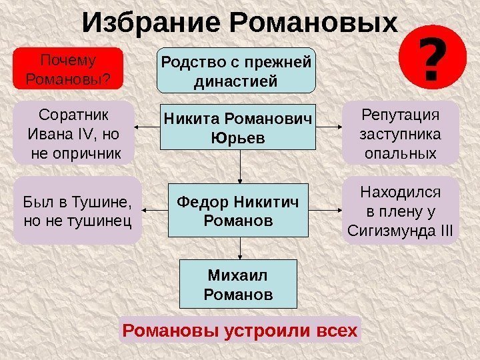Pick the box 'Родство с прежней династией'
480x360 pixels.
[237, 70]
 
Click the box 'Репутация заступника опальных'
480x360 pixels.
[400, 133]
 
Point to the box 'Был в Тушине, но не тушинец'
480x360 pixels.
[77, 209]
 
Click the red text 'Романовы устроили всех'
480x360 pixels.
[239, 331]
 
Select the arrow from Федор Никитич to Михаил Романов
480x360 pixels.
[241, 249]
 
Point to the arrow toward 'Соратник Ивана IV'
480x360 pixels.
[147, 127]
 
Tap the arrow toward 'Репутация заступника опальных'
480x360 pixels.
[329, 127]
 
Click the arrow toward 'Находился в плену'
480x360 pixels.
[327, 211]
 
